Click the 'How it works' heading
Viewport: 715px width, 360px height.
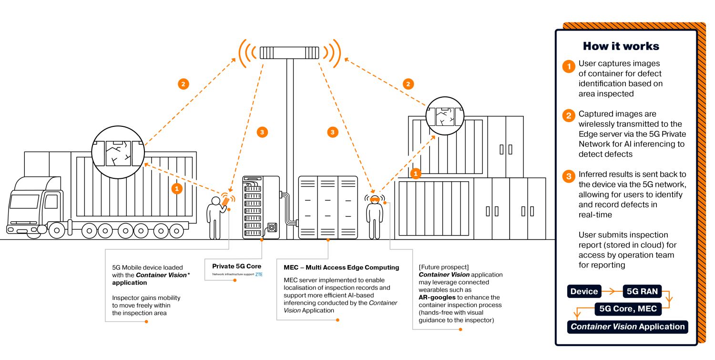[621, 46]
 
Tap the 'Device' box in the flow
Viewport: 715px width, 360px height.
[584, 291]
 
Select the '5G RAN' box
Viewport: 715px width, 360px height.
[642, 291]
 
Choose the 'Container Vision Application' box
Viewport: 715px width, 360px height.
[627, 327]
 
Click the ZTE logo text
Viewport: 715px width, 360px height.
[259, 275]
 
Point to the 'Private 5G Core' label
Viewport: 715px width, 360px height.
[236, 267]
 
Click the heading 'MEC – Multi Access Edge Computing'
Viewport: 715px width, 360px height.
[341, 267]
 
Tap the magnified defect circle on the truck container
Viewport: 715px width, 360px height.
[118, 152]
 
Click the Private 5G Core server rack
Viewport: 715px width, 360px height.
[261, 207]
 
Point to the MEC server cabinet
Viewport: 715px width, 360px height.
[327, 207]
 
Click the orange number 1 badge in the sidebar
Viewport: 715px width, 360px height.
[568, 66]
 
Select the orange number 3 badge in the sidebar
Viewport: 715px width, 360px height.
[568, 177]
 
